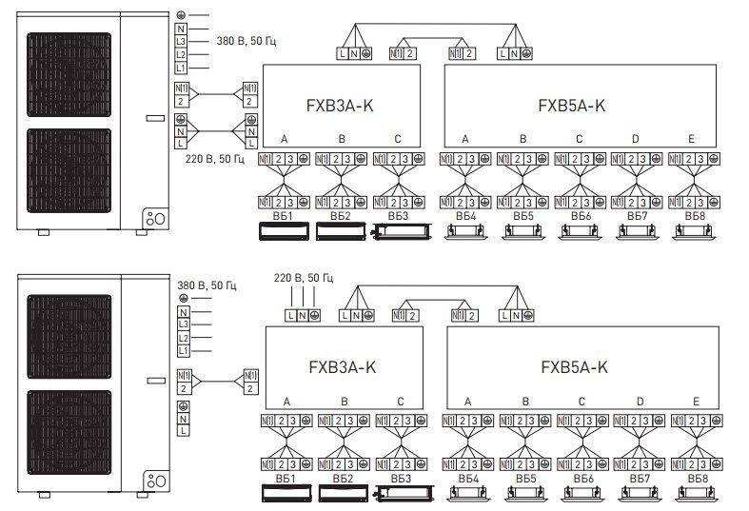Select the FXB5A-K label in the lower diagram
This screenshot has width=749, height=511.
[574, 366]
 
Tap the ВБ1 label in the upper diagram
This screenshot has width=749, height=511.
[282, 216]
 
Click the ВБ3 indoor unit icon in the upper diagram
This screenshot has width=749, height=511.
[397, 231]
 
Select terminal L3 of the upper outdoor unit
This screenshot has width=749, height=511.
[182, 42]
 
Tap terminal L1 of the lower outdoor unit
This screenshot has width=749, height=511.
[182, 352]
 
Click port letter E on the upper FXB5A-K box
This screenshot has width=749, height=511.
[692, 140]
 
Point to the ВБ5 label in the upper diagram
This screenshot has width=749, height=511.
[522, 217]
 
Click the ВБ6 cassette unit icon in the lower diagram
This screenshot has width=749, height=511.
[581, 493]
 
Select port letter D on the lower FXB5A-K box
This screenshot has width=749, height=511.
[639, 402]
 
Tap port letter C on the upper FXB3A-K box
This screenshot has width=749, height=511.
[398, 140]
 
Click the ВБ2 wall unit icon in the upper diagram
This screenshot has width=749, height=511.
[340, 231]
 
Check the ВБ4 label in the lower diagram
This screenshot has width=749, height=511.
[466, 477]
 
